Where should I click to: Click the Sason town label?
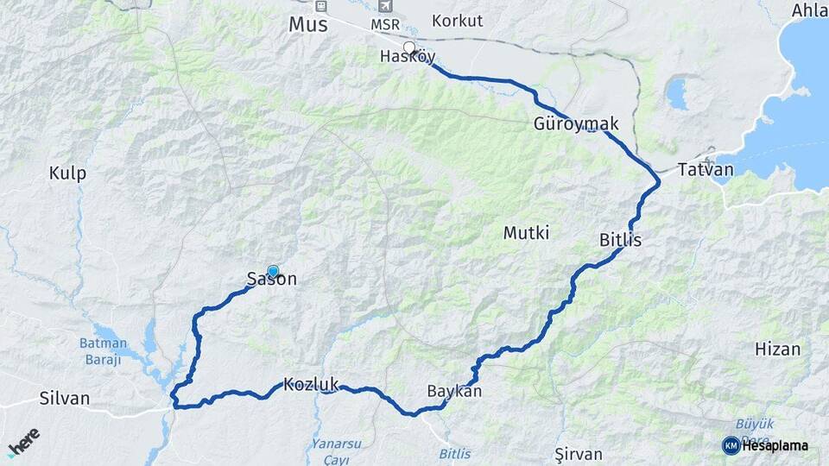(x=272, y=280)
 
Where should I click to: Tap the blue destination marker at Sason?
(x=274, y=271)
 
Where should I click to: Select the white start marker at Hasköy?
(x=409, y=47)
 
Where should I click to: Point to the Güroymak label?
(x=576, y=124)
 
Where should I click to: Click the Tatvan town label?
(x=706, y=170)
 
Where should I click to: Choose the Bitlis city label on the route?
(x=620, y=241)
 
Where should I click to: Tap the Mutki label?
(x=526, y=233)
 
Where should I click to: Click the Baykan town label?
(x=454, y=392)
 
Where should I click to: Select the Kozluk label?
(x=311, y=385)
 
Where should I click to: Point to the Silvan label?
(x=65, y=399)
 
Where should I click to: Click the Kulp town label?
(x=67, y=173)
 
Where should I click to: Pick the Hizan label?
(x=777, y=349)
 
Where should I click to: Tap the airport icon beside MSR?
(x=372, y=6)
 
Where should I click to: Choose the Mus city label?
(x=308, y=25)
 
